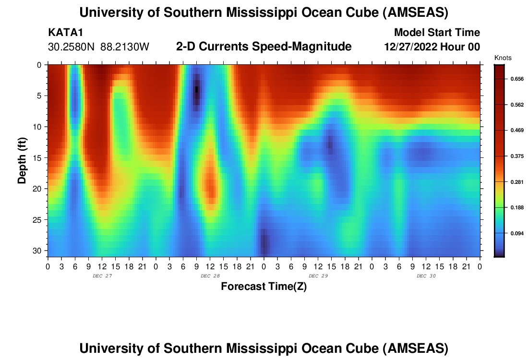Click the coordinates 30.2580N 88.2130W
pyautogui.click(x=99, y=47)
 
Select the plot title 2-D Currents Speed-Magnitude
pyautogui.click(x=264, y=47)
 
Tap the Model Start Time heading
pyautogui.click(x=436, y=33)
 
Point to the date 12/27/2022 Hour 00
pyautogui.click(x=432, y=47)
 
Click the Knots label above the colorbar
pyautogui.click(x=503, y=58)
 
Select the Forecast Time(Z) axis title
pyautogui.click(x=264, y=287)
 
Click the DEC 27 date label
pyautogui.click(x=102, y=276)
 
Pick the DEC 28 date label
pyautogui.click(x=210, y=276)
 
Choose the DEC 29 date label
pyautogui.click(x=318, y=276)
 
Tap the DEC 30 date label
pyautogui.click(x=426, y=276)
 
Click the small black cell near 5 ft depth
pyautogui.click(x=196, y=89)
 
